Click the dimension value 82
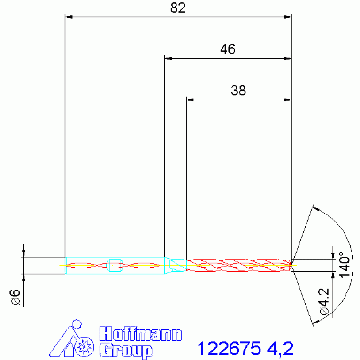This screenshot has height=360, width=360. click(178, 8)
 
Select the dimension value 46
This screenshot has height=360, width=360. click(228, 49)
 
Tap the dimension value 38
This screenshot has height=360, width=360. click(238, 91)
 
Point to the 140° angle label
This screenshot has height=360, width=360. click(345, 265)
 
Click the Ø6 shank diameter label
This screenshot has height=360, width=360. click(15, 297)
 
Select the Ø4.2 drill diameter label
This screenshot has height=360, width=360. click(324, 301)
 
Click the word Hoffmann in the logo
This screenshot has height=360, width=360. click(140, 334)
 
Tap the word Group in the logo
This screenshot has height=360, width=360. click(126, 351)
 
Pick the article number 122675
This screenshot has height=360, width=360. click(229, 348)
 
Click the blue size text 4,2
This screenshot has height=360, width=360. click(280, 349)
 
